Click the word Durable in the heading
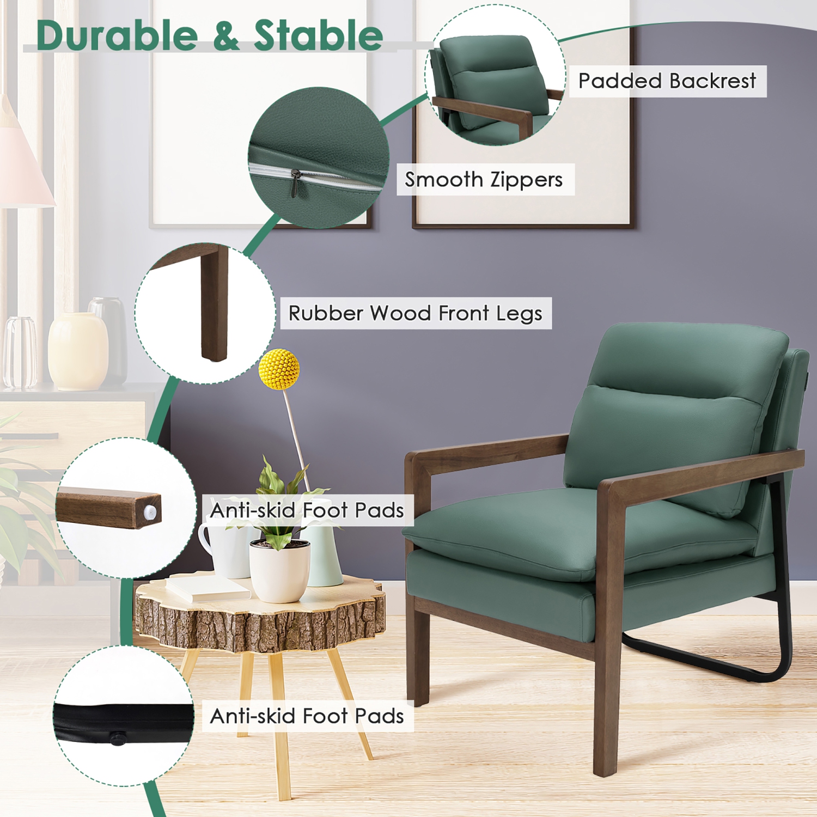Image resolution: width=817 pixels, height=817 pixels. click(117, 35)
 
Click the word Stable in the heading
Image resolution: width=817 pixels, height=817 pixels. click(319, 35)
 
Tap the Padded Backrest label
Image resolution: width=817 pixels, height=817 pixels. click(667, 81)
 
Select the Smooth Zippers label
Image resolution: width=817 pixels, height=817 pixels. click(484, 179)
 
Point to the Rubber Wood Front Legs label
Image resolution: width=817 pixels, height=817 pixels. click(415, 313)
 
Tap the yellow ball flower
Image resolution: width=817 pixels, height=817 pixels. click(279, 369)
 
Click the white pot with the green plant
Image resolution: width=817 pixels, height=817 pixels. click(279, 572)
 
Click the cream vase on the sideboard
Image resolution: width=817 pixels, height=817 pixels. click(77, 351)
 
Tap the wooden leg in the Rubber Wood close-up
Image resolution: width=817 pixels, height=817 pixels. click(214, 305)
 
